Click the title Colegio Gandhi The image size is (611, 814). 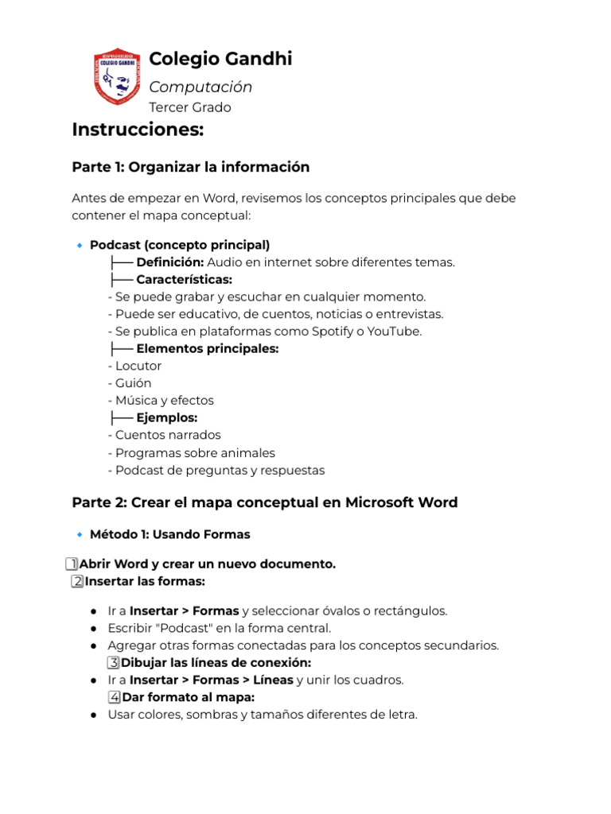pyautogui.click(x=220, y=59)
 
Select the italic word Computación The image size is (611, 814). pyautogui.click(x=200, y=87)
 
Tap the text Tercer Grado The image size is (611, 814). pyautogui.click(x=190, y=107)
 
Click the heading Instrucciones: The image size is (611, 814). pyautogui.click(x=138, y=130)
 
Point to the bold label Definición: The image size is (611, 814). pyautogui.click(x=170, y=262)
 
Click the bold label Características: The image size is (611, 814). pyautogui.click(x=184, y=280)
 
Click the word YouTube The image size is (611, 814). pyautogui.click(x=391, y=331)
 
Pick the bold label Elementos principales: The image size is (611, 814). pyautogui.click(x=207, y=349)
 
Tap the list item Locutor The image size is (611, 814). pyautogui.click(x=138, y=366)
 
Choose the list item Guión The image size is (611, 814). pyautogui.click(x=133, y=383)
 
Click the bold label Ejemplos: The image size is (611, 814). pyautogui.click(x=166, y=418)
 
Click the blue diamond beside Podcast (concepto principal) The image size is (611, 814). pyautogui.click(x=79, y=246)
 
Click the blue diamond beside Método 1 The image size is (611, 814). pyautogui.click(x=79, y=535)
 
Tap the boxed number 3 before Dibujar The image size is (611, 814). pyautogui.click(x=114, y=663)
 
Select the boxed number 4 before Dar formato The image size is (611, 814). pyautogui.click(x=115, y=698)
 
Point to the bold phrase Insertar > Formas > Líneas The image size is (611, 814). pyautogui.click(x=211, y=680)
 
